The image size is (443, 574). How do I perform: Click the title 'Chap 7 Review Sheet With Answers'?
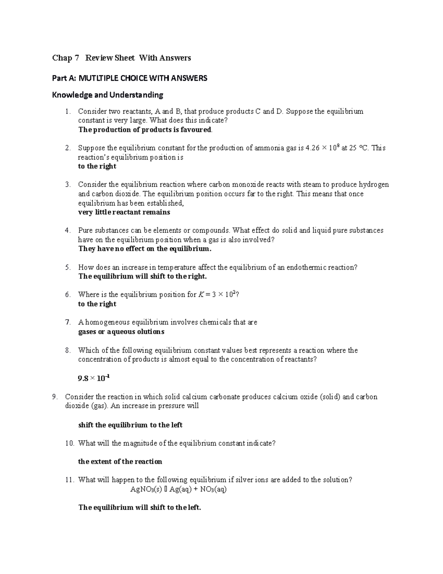click(121, 58)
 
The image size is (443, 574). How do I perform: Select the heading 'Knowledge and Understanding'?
click(107, 95)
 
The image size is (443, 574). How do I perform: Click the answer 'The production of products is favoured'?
click(145, 130)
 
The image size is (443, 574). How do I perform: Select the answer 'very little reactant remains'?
click(124, 212)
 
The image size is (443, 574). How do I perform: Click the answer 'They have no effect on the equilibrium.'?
click(145, 249)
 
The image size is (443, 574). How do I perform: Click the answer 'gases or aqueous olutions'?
click(121, 332)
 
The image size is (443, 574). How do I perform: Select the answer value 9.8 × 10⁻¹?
click(94, 378)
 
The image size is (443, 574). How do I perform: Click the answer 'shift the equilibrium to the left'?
click(130, 425)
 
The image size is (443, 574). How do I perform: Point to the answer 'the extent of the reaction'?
click(120, 462)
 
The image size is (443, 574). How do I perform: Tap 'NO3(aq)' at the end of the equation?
click(213, 489)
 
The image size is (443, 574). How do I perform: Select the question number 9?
click(55, 397)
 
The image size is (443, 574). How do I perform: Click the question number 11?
click(69, 480)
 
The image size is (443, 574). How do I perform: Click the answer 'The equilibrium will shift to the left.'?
click(140, 507)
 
